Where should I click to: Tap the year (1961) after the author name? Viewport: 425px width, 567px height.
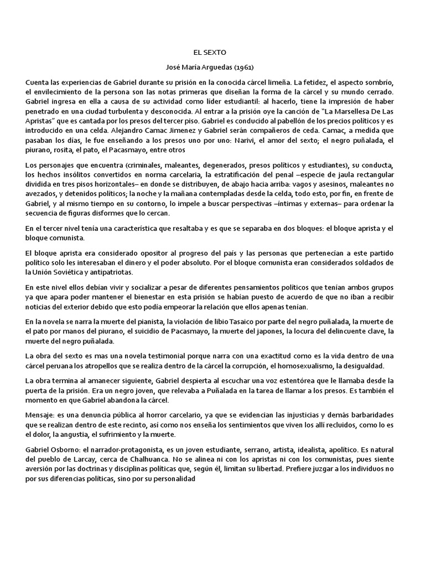tap(243, 68)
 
